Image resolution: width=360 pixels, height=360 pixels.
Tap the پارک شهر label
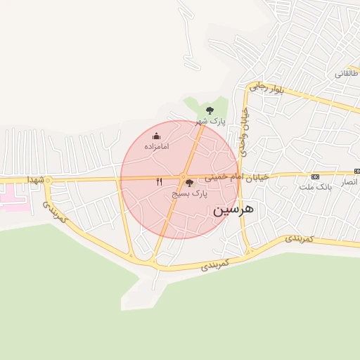210,121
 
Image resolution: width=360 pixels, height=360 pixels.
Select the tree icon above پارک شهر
210,110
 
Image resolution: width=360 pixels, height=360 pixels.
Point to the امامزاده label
156,146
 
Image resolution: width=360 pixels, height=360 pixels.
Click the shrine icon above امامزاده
156,136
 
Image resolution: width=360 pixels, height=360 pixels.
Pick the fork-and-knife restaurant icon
160,181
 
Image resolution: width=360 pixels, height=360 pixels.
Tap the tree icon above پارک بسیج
188,183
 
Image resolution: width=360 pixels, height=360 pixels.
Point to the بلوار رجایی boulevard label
266,86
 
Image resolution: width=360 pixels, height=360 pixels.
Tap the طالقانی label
347,72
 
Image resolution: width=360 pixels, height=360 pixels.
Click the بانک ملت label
314,186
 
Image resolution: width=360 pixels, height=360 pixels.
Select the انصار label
349,182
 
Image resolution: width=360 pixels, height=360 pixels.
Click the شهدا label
36,181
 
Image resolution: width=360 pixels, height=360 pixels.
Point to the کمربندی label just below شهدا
54,212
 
